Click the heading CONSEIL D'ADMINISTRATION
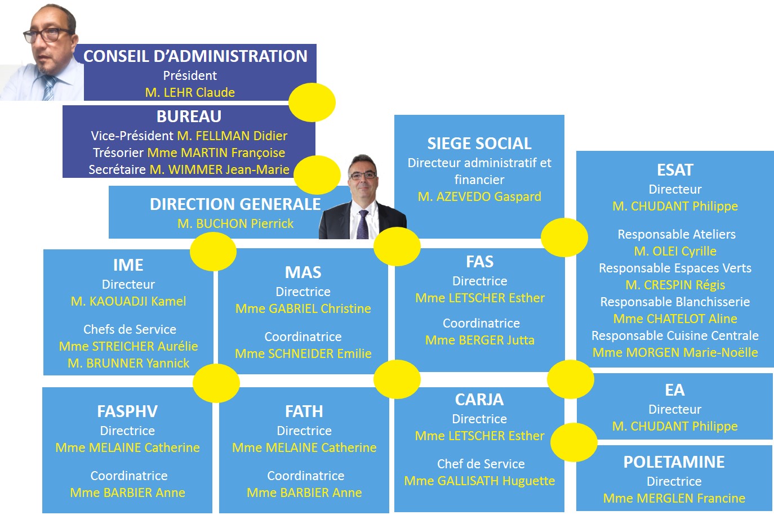(x=195, y=56)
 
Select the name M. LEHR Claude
(x=190, y=92)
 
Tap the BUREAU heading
(x=189, y=117)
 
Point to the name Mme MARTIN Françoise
(x=216, y=153)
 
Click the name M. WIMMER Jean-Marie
(x=220, y=169)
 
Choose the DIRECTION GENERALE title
(x=235, y=204)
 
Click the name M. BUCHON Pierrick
(x=235, y=223)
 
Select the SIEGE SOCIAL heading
(x=479, y=144)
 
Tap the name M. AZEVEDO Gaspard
(x=479, y=196)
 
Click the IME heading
(x=128, y=265)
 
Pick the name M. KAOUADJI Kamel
(x=128, y=301)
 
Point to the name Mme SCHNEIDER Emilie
(x=303, y=353)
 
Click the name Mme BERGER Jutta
(x=479, y=340)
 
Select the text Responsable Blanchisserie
(x=675, y=302)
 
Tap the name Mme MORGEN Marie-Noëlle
(x=675, y=352)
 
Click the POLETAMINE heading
(x=674, y=462)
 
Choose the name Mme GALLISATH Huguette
(x=479, y=481)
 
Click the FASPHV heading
(x=127, y=411)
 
